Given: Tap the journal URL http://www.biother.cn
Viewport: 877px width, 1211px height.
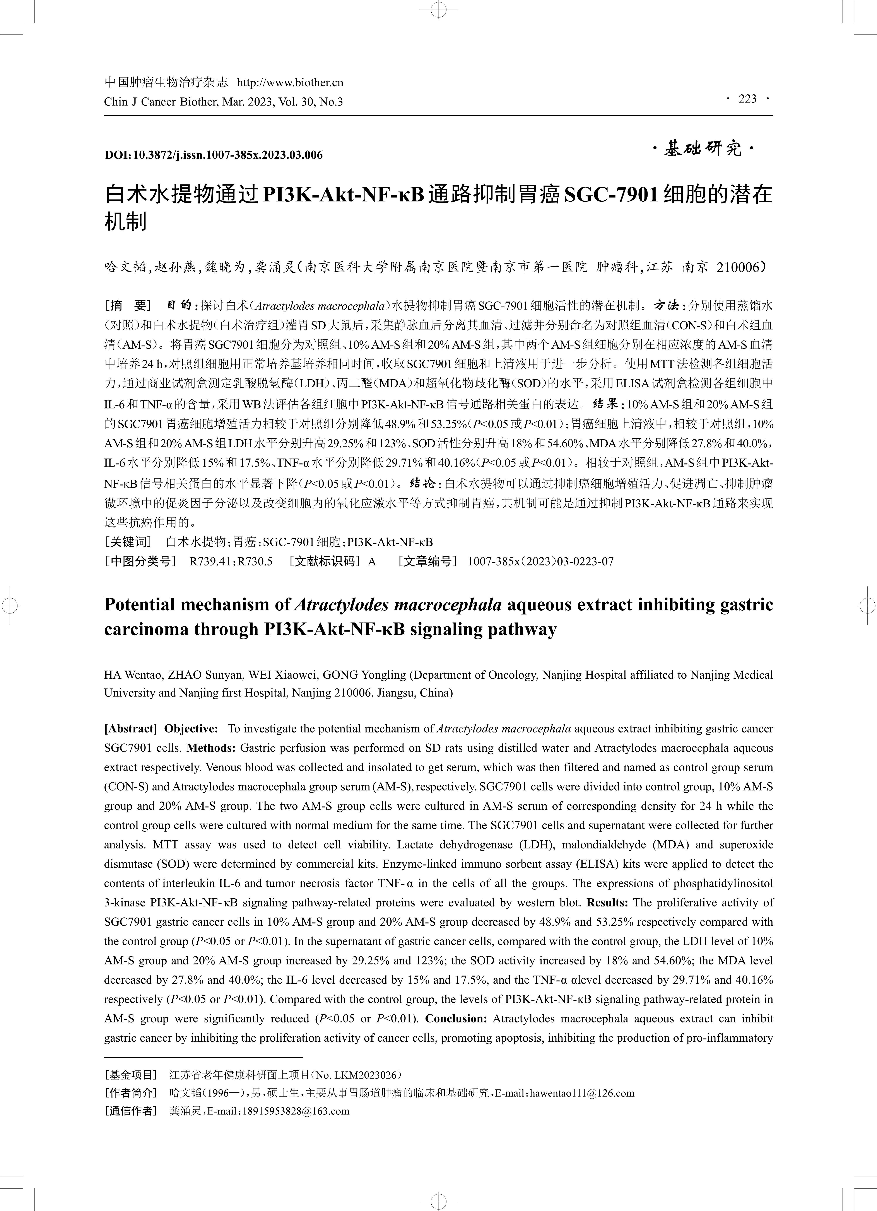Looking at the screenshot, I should [290, 83].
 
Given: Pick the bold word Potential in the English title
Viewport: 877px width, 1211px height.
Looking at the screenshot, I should [139, 605].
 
